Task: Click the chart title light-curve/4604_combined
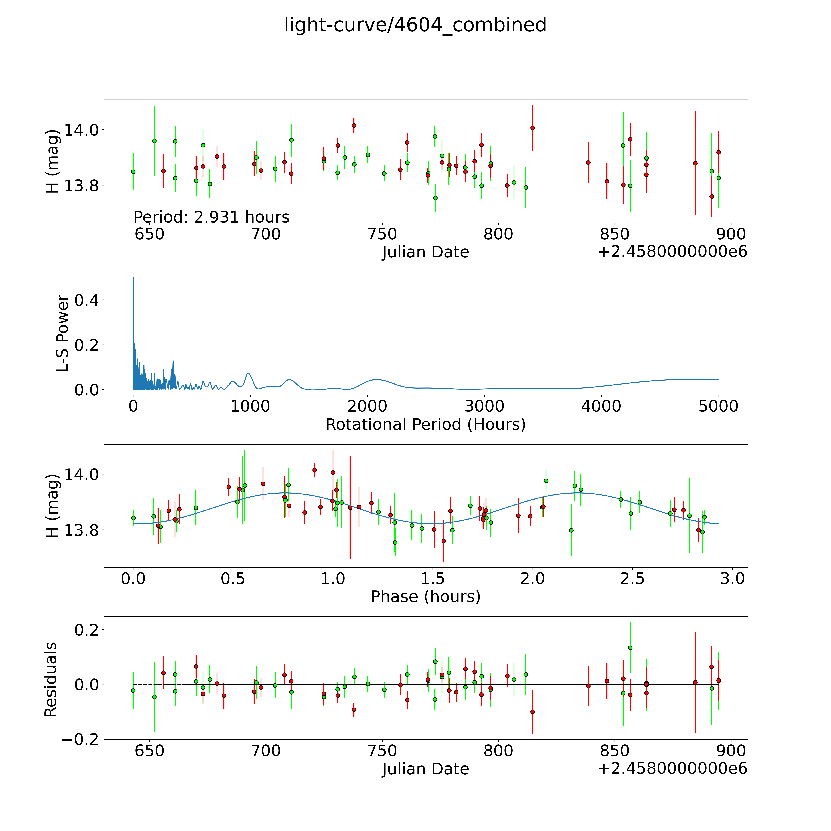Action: point(415,25)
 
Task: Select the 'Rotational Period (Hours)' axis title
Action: point(425,425)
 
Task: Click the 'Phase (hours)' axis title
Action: point(425,597)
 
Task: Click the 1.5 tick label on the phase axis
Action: point(432,578)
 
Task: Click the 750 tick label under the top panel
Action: point(382,234)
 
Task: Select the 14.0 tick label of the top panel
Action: point(81,129)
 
